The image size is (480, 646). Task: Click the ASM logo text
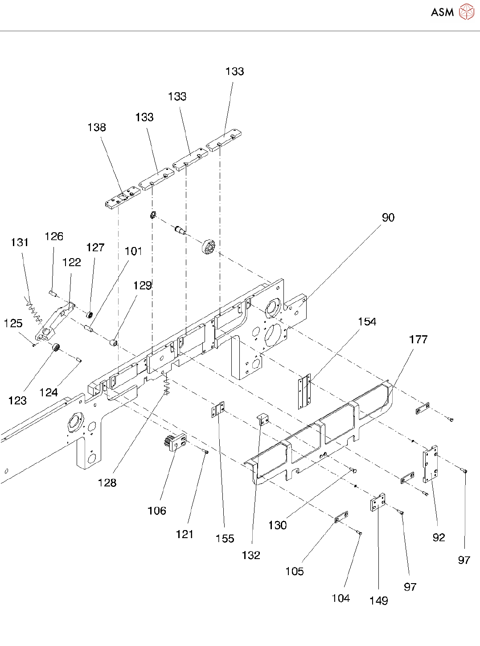tap(442, 12)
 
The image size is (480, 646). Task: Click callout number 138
tap(97, 128)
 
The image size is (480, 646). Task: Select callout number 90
tap(388, 218)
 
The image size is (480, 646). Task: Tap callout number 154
tap(367, 322)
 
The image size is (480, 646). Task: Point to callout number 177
tap(418, 340)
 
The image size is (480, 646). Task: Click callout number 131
tap(20, 243)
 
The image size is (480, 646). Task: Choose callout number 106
tap(157, 511)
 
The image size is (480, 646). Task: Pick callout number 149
tap(378, 601)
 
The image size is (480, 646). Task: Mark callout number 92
tap(439, 538)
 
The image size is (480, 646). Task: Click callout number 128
tap(107, 483)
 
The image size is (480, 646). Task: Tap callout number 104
tap(341, 598)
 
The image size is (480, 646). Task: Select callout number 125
tap(13, 324)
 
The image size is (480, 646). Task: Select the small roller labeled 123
tap(56, 347)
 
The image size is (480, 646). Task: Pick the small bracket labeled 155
tap(218, 409)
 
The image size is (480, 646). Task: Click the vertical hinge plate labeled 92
tap(430, 464)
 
